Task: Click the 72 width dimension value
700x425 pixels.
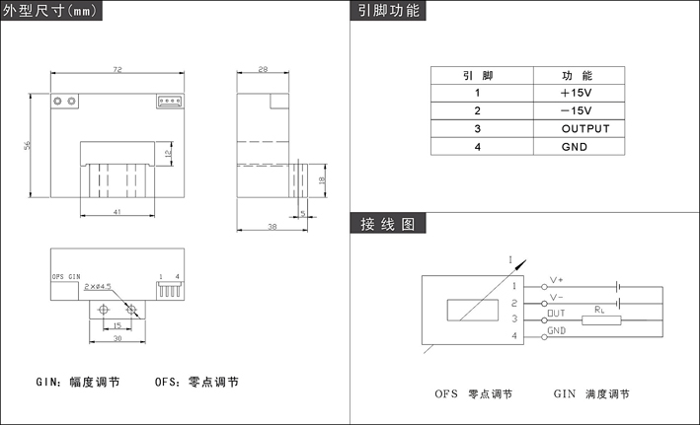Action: [117, 71]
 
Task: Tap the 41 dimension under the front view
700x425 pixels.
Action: [117, 213]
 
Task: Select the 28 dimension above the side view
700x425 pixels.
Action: [263, 71]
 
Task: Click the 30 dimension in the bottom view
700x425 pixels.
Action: [117, 339]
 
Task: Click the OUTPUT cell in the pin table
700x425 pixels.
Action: [585, 129]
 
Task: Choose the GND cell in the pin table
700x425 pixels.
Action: [575, 147]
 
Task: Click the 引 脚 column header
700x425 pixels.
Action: [478, 76]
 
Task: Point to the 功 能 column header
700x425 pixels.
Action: [578, 76]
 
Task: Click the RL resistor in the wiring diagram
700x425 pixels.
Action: [599, 318]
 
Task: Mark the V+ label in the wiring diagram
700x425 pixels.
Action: [556, 280]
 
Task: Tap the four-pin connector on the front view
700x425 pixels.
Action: [171, 101]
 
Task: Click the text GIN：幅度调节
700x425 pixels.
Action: [78, 382]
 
